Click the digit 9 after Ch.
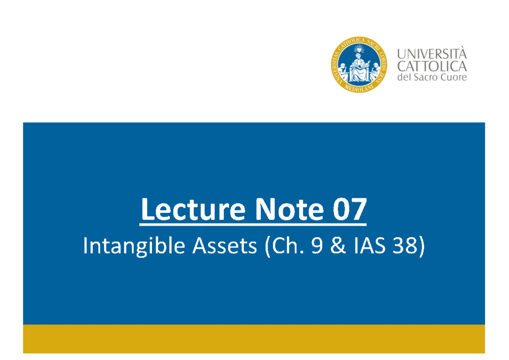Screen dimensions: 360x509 (x=316, y=247)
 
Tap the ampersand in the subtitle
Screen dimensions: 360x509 (x=337, y=247)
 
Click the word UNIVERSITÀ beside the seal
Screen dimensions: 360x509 (x=431, y=54)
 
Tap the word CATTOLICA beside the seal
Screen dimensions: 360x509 (x=431, y=66)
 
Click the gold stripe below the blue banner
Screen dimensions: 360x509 (x=254, y=338)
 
